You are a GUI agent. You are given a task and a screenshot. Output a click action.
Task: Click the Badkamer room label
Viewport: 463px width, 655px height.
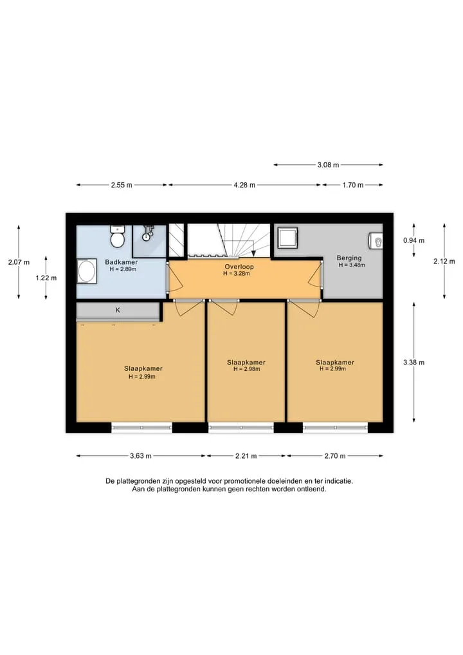point(121,262)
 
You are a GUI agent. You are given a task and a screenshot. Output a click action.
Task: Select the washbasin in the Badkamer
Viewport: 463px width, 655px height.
point(87,271)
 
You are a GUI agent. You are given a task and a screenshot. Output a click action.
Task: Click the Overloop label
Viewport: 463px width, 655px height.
point(239,267)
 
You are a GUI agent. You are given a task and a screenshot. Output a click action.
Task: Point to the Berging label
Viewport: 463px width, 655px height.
point(349,258)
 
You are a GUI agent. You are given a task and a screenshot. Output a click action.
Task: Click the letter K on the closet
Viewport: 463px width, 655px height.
point(118,310)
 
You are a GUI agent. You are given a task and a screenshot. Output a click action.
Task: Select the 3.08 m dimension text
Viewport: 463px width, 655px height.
point(328,165)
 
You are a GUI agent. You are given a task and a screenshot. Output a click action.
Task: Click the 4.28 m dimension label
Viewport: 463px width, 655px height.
point(244,185)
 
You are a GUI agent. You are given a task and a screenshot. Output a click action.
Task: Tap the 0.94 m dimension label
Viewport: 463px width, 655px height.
point(413,240)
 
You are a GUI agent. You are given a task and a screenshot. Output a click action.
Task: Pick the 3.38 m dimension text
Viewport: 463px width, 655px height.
point(413,363)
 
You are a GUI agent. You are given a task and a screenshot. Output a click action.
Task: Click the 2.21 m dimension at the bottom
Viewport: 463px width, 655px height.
point(246,456)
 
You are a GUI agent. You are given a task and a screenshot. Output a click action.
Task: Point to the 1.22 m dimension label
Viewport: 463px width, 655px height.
point(46,278)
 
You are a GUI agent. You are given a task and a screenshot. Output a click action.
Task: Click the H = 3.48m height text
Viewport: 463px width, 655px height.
point(352,265)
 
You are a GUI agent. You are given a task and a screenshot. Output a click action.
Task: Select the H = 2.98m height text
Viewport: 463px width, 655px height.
point(246,369)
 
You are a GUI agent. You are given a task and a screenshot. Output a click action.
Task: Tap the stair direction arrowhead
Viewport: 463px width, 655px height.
point(253,253)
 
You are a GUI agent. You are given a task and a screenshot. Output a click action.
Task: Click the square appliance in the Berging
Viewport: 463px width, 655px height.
point(288,238)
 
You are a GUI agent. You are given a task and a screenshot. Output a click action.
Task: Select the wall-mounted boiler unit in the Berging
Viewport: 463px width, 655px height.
point(376,241)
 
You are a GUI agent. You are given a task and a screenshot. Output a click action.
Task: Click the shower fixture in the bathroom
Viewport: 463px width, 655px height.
point(147,233)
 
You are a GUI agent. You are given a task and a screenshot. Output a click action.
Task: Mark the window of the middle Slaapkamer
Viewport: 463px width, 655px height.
point(241,428)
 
